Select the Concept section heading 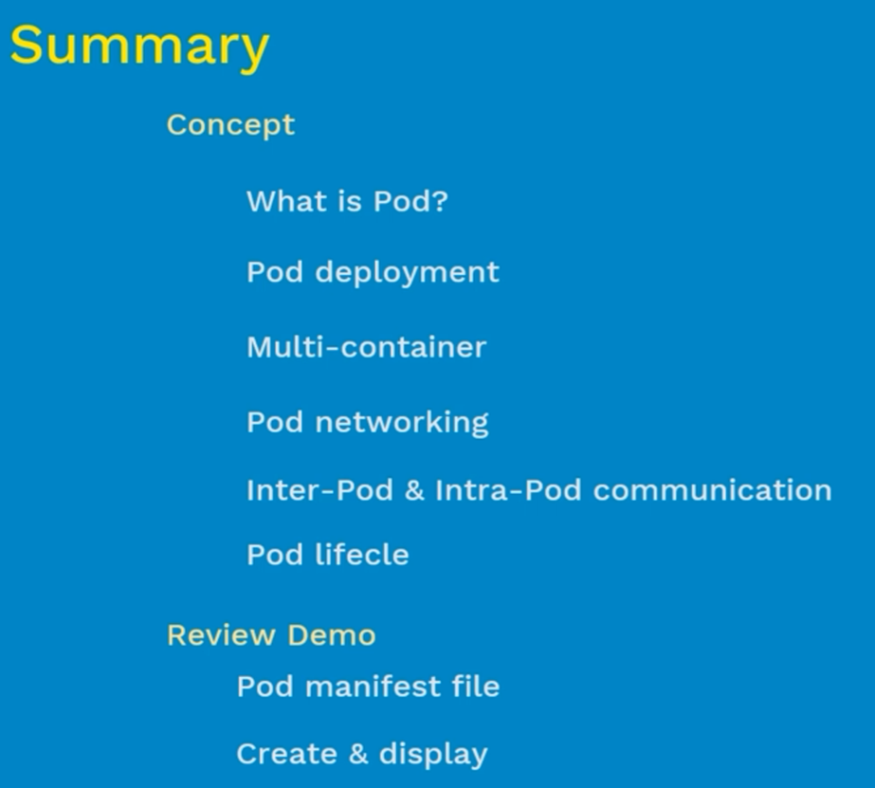point(230,125)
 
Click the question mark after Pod point(440,200)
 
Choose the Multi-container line point(367,347)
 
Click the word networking point(402,423)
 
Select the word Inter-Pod point(319,490)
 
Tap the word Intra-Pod point(508,490)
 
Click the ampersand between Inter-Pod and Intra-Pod point(414,490)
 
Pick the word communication point(713,490)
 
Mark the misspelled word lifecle point(362,554)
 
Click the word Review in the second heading point(221,635)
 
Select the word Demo point(332,635)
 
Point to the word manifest point(373,687)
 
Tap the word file point(476,687)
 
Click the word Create point(287,754)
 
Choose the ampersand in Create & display point(358,754)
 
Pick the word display point(433,756)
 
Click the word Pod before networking point(275,423)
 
